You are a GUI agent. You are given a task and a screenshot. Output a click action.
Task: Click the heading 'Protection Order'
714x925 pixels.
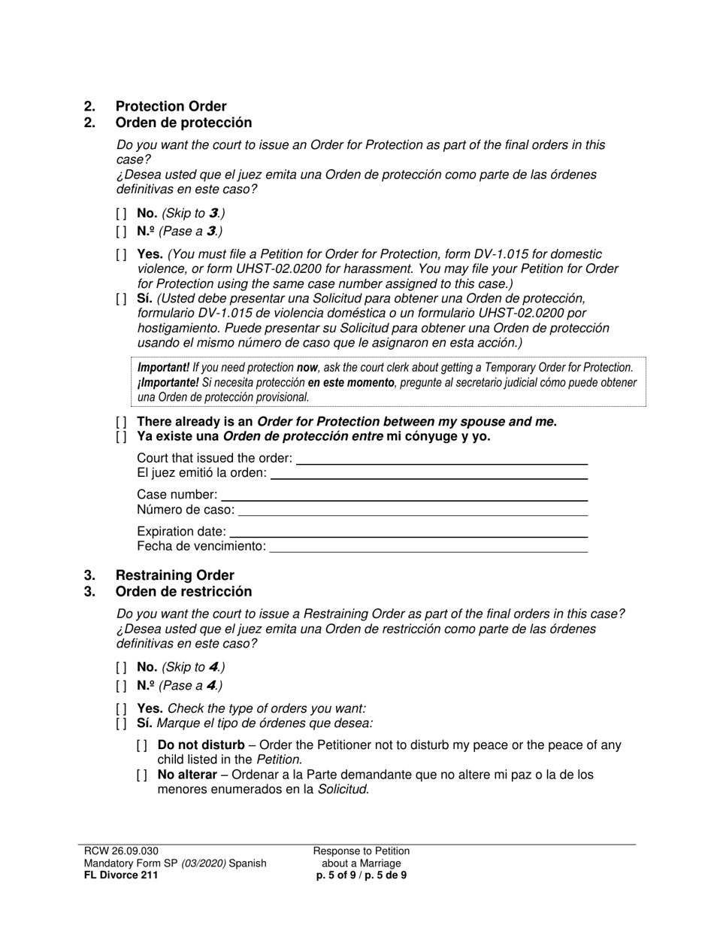coord(171,106)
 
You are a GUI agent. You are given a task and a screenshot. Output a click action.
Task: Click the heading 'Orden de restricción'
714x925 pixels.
coord(183,591)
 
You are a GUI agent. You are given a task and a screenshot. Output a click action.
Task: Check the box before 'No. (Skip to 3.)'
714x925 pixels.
coord(122,214)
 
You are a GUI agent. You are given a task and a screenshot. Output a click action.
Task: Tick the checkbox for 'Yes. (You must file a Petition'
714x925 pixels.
coord(122,255)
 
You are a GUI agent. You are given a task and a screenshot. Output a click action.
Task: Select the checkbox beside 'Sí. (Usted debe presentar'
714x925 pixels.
coord(122,299)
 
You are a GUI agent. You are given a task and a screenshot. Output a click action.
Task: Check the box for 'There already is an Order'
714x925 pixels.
coord(122,422)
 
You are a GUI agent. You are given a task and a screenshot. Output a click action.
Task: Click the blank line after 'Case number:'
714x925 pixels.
coord(404,496)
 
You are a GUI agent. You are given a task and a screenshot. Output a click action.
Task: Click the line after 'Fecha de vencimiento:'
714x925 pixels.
coord(428,547)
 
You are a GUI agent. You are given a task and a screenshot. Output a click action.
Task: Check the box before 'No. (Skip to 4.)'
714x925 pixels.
coord(122,668)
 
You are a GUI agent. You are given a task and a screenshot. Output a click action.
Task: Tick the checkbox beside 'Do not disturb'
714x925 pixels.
coord(142,746)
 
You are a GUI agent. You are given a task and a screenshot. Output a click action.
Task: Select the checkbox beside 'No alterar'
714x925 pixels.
coord(142,775)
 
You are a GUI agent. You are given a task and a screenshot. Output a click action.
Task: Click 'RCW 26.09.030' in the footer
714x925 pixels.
coord(121,851)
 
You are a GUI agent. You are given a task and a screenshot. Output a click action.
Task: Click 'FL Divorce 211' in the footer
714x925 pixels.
coord(121,875)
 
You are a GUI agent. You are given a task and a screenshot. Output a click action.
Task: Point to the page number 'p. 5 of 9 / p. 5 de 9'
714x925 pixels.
coord(362,875)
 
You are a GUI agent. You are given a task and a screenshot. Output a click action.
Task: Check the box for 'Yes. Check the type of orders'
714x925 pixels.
coord(122,709)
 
